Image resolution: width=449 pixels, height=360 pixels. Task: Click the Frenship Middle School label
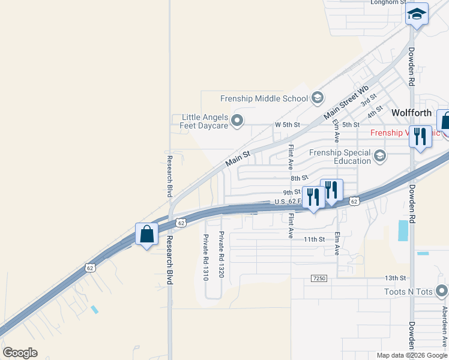coord(264,98)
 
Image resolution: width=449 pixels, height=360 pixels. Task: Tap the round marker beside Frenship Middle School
coord(318,98)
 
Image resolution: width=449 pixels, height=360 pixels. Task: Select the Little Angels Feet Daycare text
coord(204,122)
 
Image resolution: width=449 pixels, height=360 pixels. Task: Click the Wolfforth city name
coord(412,112)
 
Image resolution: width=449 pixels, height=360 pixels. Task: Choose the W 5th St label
coord(286,125)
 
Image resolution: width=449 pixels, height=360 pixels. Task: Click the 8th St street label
coord(298,178)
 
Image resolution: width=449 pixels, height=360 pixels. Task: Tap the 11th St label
coord(313,239)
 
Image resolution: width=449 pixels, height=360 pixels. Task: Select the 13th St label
coord(396,278)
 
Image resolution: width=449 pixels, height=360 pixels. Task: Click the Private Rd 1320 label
coord(221,254)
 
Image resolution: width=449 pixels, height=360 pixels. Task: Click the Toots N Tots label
coord(408,292)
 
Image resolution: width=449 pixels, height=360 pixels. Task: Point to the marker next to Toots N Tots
coord(442,292)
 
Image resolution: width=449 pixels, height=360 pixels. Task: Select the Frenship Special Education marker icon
coord(379,157)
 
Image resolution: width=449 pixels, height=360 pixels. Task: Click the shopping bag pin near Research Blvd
coord(146,234)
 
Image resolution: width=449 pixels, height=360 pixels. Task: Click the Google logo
coord(20,353)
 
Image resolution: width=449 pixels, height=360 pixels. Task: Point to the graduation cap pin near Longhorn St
coord(417,13)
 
